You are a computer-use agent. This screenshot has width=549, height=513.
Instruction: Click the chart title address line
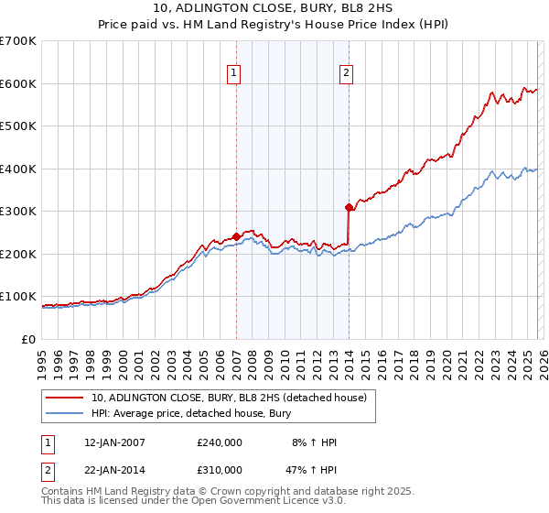coord(274,8)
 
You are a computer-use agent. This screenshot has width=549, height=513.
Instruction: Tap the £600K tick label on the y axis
coord(18,83)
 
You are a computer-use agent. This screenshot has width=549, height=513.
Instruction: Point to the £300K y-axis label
coord(18,212)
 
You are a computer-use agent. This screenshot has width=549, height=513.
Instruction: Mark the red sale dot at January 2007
coord(236,236)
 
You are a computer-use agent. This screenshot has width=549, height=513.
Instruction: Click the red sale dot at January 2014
coord(350,207)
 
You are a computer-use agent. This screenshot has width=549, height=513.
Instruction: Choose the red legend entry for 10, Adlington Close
coord(229,398)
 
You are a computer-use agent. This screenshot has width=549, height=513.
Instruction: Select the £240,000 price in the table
coord(220,442)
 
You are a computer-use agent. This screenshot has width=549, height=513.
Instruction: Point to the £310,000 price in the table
coord(220,469)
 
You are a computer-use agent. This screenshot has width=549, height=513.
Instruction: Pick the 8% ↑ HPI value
coord(312,442)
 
